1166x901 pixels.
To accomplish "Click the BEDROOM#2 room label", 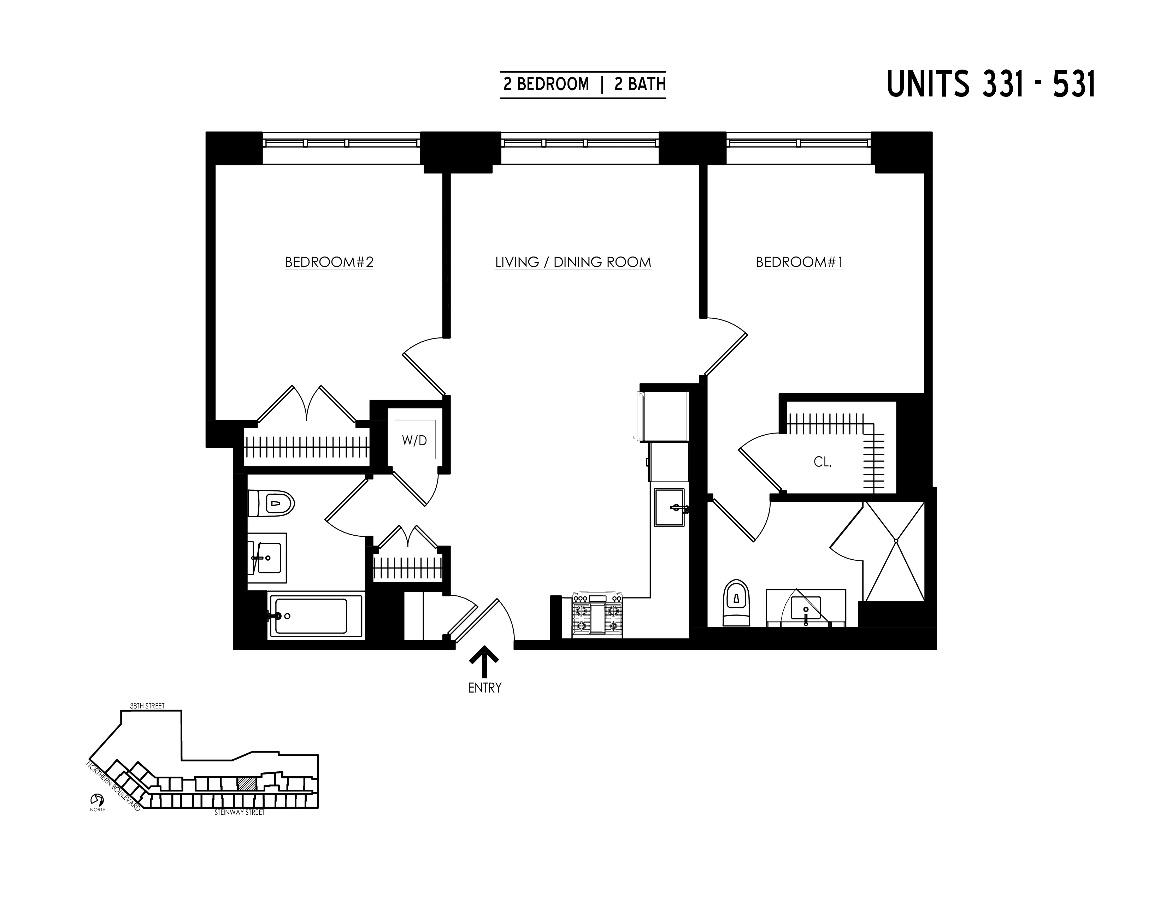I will [329, 262].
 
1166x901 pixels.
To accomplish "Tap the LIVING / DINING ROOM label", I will [573, 262].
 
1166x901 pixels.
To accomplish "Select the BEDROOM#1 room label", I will [799, 262].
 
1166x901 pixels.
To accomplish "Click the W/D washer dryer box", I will [415, 440].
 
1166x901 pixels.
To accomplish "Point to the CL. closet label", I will [822, 462].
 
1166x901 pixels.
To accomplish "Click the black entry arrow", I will [484, 662].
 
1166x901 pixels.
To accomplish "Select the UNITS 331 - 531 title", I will [991, 84].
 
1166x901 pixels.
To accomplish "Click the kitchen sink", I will [670, 508].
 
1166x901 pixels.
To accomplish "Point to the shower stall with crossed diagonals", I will [895, 552].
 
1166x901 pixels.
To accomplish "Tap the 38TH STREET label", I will [147, 706].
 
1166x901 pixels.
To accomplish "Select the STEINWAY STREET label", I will [239, 812].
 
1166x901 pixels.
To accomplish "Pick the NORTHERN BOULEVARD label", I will [113, 786].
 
